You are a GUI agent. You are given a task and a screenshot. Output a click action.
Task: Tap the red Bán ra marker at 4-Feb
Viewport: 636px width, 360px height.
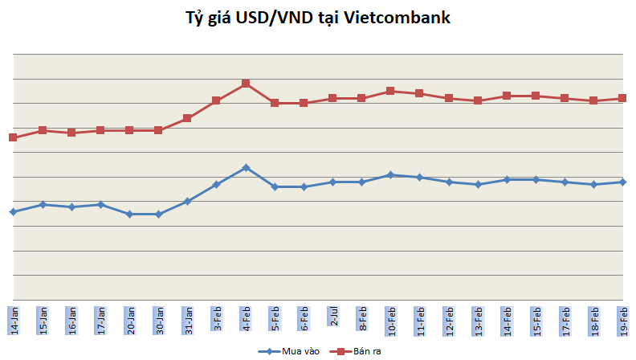pos(246,84)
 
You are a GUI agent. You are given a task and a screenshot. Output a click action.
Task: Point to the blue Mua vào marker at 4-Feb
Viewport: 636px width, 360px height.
pos(246,167)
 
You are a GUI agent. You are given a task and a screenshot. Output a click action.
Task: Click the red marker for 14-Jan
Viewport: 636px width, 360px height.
pos(13,137)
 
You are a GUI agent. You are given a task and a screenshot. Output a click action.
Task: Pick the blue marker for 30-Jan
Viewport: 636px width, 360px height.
pos(158,214)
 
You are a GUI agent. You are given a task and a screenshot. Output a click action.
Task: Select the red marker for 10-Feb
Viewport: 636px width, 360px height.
pos(390,91)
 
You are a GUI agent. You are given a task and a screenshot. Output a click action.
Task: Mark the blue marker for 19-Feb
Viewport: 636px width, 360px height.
pos(622,182)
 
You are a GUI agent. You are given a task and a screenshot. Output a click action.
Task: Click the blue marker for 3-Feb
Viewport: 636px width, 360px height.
pos(216,184)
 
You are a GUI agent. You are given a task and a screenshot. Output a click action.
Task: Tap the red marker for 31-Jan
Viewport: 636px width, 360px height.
pos(187,118)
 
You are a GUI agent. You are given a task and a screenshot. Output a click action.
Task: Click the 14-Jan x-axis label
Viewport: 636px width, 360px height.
pos(13,320)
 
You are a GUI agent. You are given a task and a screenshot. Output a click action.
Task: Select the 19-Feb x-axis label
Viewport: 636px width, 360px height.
pos(622,320)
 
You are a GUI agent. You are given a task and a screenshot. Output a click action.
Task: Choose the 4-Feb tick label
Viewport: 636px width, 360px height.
pos(246,317)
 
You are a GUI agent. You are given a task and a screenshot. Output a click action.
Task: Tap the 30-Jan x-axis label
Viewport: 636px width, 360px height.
pos(158,320)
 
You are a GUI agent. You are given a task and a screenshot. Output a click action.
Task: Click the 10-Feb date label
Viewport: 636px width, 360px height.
pos(390,320)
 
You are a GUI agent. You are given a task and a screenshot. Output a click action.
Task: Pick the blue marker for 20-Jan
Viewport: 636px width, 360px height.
pos(129,214)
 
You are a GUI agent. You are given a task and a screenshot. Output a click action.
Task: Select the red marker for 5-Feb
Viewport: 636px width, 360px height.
pos(275,103)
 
